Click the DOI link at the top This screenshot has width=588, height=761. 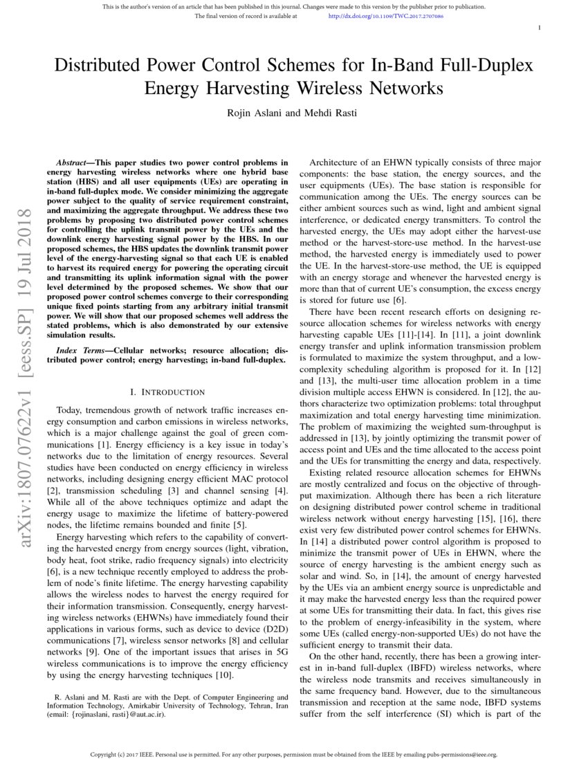[x=385, y=15]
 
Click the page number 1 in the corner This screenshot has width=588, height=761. [x=539, y=27]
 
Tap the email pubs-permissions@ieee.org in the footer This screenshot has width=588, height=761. [x=460, y=753]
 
